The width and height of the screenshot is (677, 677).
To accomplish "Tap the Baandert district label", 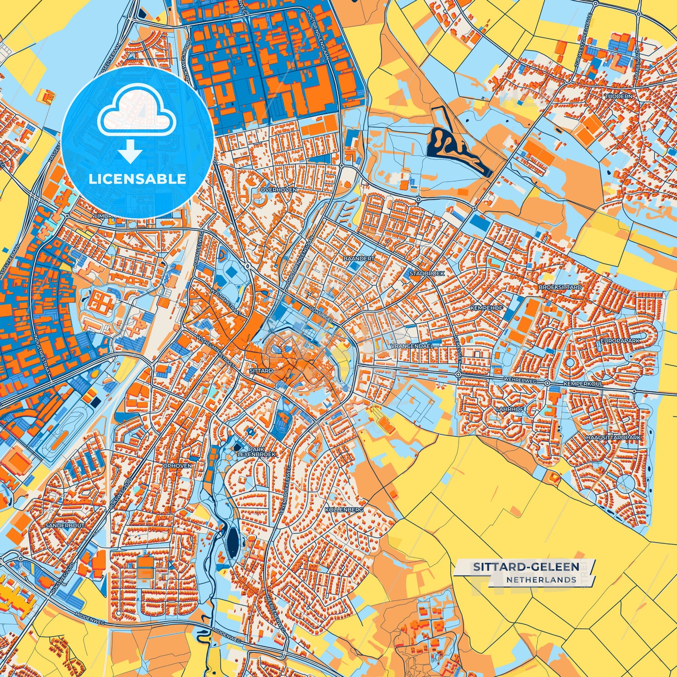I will [359, 259].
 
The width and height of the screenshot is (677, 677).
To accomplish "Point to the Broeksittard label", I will [560, 287].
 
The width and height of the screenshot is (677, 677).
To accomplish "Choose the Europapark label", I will [620, 341].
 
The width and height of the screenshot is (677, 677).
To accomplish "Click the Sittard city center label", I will [261, 371].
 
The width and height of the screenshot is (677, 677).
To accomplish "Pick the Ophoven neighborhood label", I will [177, 466].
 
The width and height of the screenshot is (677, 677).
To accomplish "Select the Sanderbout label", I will [65, 526].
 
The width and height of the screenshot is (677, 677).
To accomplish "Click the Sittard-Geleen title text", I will [526, 567].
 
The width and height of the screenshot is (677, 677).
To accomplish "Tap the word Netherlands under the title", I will [541, 580].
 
